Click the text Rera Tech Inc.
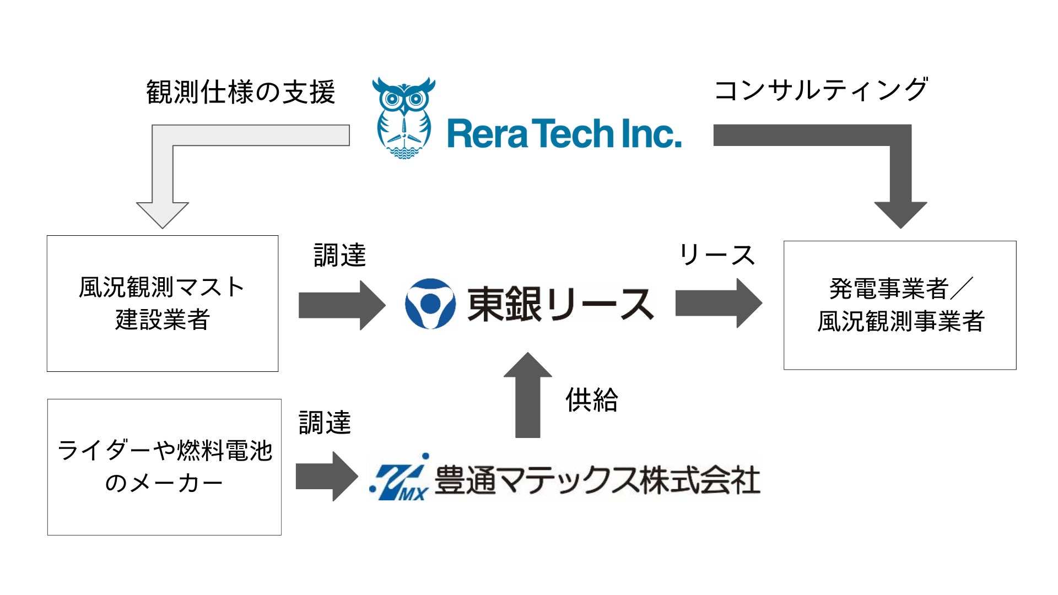[564, 134]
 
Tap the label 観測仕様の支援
[240, 92]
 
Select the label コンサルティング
[821, 90]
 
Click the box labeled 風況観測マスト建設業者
[163, 304]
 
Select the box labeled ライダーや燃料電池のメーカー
[164, 467]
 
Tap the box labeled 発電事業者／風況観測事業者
[900, 305]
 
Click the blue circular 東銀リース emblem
[430, 304]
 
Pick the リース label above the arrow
[716, 255]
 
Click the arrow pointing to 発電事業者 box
[718, 303]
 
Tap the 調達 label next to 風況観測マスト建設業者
[339, 256]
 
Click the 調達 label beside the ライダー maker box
[325, 423]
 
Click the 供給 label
[591, 400]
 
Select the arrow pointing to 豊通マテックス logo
[326, 477]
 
